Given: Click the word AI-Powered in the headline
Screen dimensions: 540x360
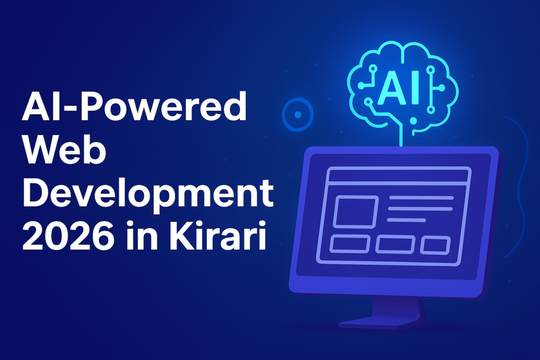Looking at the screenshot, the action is pyautogui.click(x=134, y=106).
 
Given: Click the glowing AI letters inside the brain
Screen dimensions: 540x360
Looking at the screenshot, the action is pyautogui.click(x=399, y=88).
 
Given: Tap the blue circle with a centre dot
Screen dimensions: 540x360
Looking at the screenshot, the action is pyautogui.click(x=298, y=114).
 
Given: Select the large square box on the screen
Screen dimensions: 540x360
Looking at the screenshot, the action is pyautogui.click(x=356, y=212).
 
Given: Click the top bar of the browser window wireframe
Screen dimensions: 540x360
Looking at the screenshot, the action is pyautogui.click(x=399, y=176).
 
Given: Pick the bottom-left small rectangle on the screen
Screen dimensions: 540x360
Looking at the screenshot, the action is pyautogui.click(x=350, y=244).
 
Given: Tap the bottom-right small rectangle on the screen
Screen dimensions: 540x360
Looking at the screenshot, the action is pyautogui.click(x=436, y=246).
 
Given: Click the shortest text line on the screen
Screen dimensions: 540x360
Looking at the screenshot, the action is pyautogui.click(x=407, y=220).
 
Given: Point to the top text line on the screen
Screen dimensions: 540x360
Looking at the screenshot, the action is pyautogui.click(x=421, y=198).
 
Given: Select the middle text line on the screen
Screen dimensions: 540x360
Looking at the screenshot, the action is pyautogui.click(x=420, y=209).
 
